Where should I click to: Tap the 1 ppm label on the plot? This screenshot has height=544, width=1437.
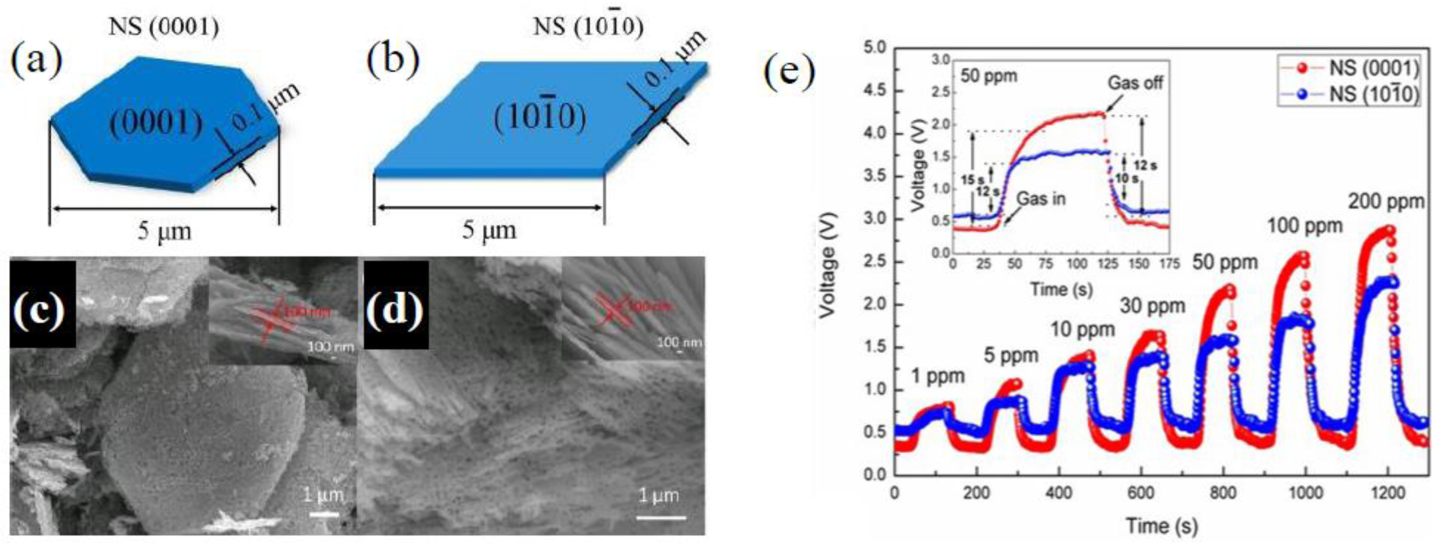pyautogui.click(x=938, y=377)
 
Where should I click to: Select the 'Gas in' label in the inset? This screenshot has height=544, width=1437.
pyautogui.click(x=1041, y=199)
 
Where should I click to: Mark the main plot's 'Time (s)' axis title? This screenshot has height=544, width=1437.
pyautogui.click(x=1161, y=525)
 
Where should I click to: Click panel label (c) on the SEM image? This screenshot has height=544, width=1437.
pyautogui.click(x=42, y=313)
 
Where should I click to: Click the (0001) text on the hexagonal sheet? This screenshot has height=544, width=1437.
pyautogui.click(x=156, y=123)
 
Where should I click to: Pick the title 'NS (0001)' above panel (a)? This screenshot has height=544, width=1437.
pyautogui.click(x=164, y=28)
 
